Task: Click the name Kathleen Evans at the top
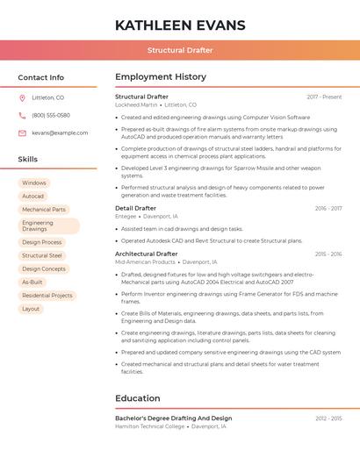point(179,25)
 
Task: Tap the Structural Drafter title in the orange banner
point(180,51)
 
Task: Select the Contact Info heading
point(40,77)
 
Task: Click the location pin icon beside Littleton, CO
point(22,97)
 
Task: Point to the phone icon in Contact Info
point(22,115)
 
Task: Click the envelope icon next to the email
point(22,133)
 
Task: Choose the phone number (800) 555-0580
point(51,115)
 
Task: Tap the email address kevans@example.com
point(60,133)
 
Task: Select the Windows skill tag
point(35,183)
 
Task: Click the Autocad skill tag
point(32,196)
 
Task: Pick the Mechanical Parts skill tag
point(44,210)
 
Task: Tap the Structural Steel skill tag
point(42,255)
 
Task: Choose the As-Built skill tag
point(32,283)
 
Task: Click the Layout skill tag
point(31,309)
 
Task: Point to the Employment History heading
point(160,77)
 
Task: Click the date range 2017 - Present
point(324,97)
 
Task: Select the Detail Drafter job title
point(135,208)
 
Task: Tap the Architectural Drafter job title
point(146,254)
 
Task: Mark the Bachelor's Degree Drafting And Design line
point(173,418)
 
